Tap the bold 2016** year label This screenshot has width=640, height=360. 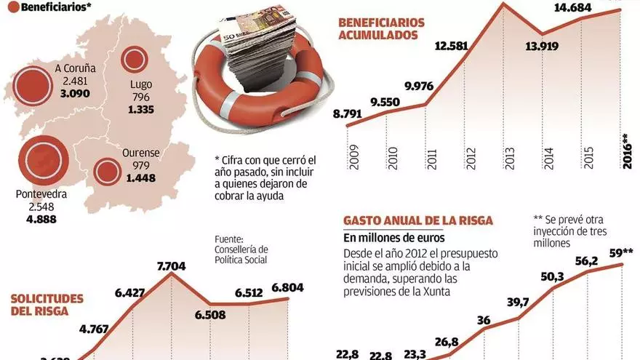click(x=626, y=151)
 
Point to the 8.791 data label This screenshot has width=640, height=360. click(x=348, y=113)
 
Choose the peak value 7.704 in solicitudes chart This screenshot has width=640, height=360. click(x=171, y=266)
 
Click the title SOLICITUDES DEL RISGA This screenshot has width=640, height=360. click(x=47, y=305)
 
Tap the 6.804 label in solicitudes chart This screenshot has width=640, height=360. click(x=289, y=287)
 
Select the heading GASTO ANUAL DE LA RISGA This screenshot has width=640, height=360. click(x=418, y=220)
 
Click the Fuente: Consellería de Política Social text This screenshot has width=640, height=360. click(x=241, y=249)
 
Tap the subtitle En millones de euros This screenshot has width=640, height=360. click(x=394, y=238)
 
